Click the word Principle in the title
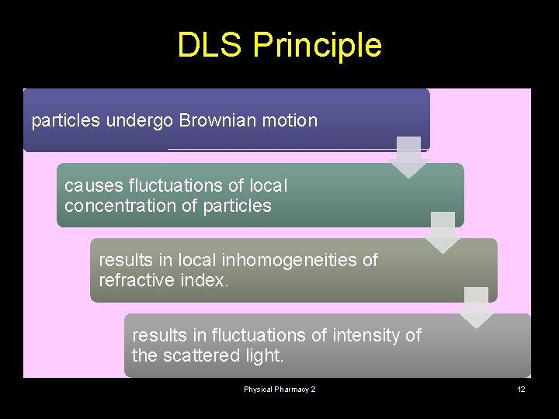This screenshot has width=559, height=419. point(318,47)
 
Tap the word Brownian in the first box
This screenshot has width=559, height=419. point(216,120)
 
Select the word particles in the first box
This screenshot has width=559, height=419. point(65,121)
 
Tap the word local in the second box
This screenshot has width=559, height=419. point(269,186)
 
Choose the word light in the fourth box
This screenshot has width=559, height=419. point(265,356)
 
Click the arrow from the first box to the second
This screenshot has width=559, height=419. point(408,156)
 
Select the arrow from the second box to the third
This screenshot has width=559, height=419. point(443,231)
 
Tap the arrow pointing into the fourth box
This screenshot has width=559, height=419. point(476,306)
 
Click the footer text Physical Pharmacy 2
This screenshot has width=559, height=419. point(279,389)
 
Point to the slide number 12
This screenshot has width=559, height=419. point(522,389)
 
